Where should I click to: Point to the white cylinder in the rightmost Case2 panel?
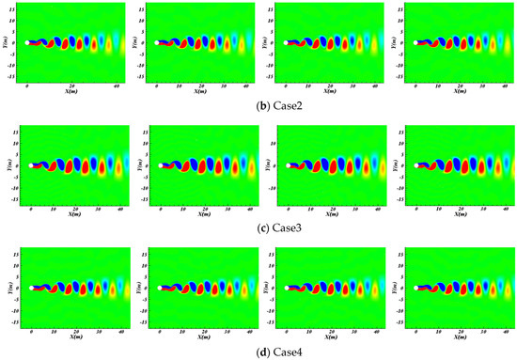[x=417, y=41]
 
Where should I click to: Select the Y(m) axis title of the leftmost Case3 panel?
[x=9, y=166]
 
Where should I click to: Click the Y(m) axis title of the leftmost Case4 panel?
[x=9, y=290]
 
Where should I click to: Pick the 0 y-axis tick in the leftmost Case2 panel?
[x=20, y=41]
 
